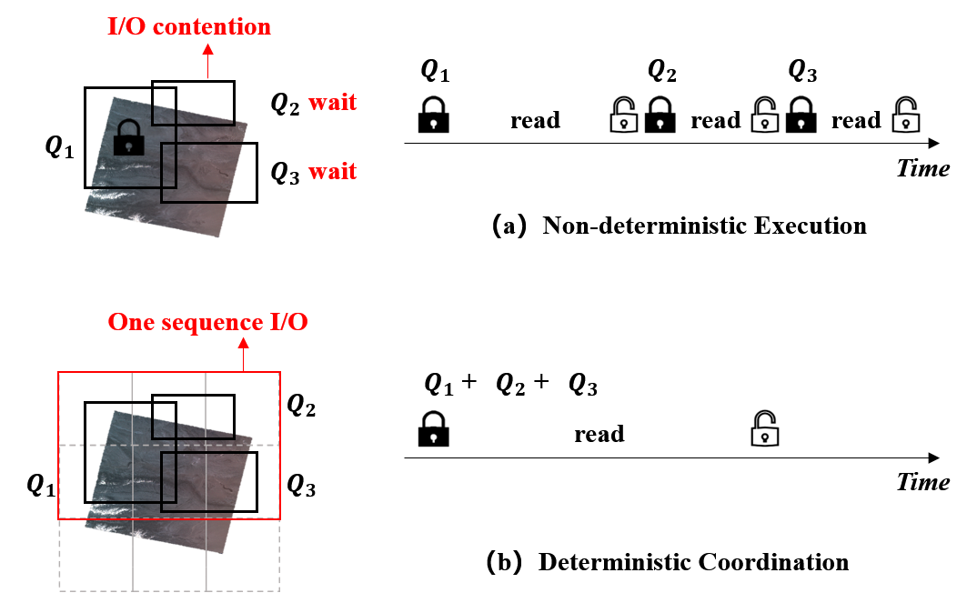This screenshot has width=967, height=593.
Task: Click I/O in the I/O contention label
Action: click(128, 26)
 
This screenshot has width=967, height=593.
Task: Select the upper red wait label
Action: click(332, 103)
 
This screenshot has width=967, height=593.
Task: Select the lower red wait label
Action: click(332, 171)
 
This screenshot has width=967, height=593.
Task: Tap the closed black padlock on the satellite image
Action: click(129, 137)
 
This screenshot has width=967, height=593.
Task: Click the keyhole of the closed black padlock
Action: click(129, 145)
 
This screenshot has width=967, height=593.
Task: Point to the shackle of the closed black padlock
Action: click(129, 126)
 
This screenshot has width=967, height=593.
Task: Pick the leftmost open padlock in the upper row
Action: click(623, 115)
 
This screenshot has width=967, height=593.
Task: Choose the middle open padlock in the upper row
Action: click(764, 115)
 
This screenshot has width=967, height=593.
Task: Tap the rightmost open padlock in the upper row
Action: click(905, 115)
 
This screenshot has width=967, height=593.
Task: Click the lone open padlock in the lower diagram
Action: click(764, 428)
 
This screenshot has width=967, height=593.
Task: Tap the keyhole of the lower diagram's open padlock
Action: click(766, 437)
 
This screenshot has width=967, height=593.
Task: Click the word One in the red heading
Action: click(128, 322)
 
